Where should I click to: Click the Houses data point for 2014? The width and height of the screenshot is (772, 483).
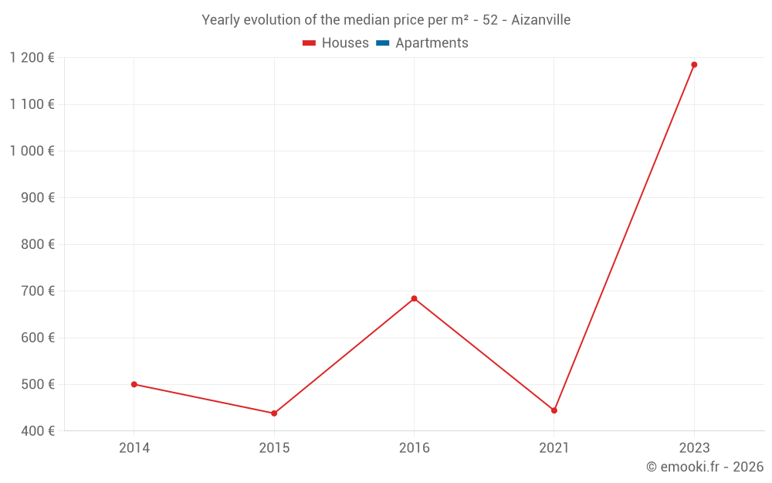click(x=134, y=384)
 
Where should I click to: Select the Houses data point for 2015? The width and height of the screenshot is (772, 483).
click(x=274, y=413)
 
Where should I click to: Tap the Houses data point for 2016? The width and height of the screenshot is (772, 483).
click(x=414, y=298)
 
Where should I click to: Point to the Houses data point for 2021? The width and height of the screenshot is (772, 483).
click(x=554, y=410)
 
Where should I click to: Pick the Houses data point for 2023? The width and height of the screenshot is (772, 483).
click(x=694, y=65)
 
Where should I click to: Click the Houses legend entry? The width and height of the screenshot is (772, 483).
click(x=336, y=43)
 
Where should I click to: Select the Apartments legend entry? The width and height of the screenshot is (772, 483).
click(x=422, y=43)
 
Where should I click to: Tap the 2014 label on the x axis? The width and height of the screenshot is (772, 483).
click(x=134, y=447)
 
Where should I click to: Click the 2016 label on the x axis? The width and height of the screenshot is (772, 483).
click(x=414, y=447)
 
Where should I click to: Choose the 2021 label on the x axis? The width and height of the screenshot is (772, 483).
click(x=554, y=447)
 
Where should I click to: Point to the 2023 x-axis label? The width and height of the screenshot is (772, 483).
click(x=694, y=447)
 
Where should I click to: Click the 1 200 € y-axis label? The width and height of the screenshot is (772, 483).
click(x=32, y=58)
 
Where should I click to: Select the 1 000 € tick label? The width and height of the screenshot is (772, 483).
click(x=32, y=151)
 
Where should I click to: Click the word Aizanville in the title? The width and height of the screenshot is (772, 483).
click(x=540, y=20)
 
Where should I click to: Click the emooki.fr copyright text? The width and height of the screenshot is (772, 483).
click(x=705, y=467)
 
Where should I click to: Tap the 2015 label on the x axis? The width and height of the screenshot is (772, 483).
click(x=274, y=447)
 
